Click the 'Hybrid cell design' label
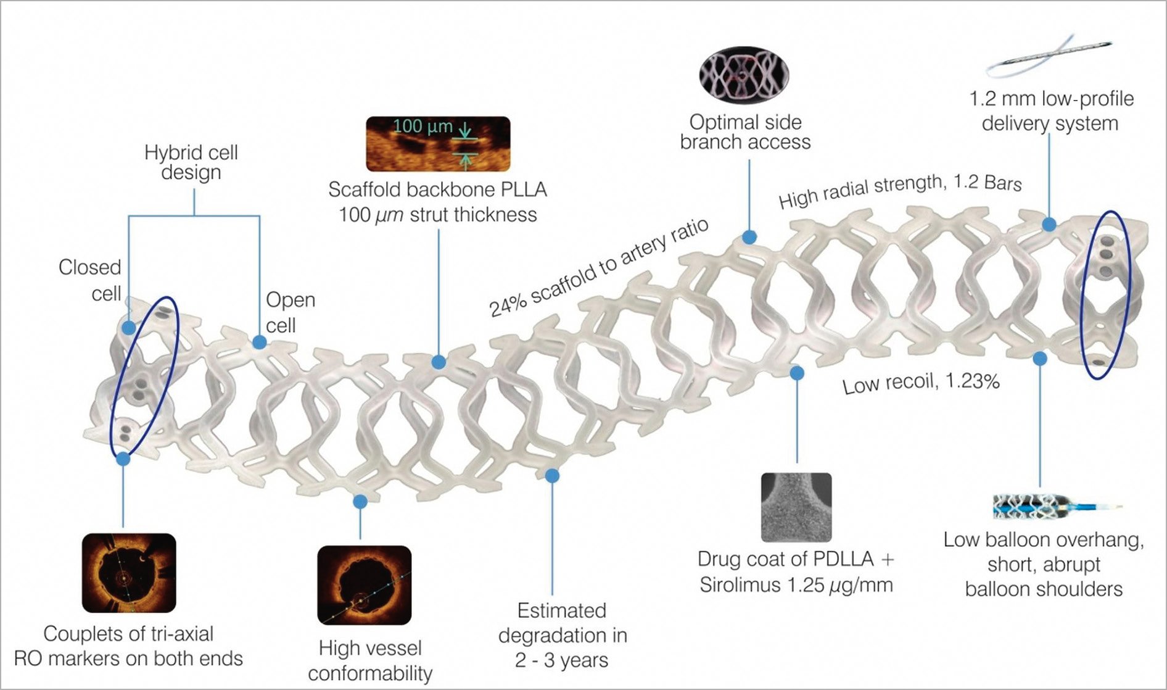pos(191,162)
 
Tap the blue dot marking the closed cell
pos(128,327)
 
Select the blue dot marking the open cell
pos(260,343)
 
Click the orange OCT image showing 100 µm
pos(438,144)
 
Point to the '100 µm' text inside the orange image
pos(423,127)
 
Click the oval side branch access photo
pos(744,75)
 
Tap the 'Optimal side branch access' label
pos(745,132)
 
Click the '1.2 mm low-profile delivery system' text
pos(1050,111)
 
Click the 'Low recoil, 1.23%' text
pos(921,383)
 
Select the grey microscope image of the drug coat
pos(796,507)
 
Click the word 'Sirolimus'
pos(736,584)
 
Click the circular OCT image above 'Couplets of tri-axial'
pos(129,573)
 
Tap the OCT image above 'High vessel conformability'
pos(364,584)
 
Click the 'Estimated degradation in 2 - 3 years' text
pos(562,635)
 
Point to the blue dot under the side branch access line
pos(749,236)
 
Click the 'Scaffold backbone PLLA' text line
pos(437,189)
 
